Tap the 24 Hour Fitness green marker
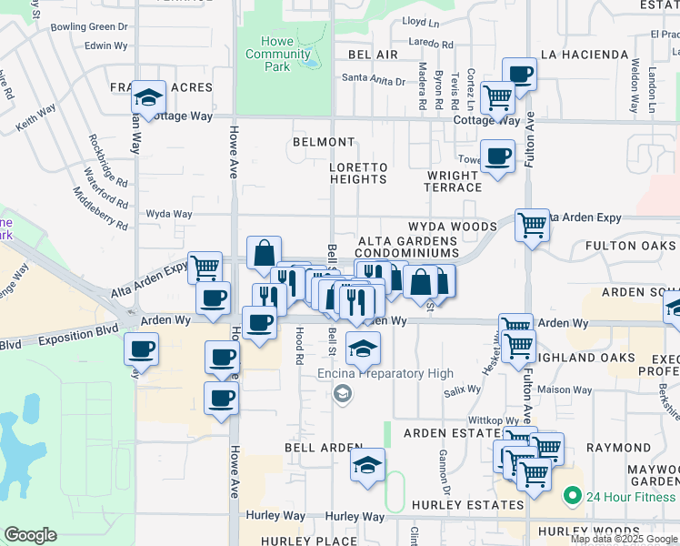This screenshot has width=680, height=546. click(x=572, y=497)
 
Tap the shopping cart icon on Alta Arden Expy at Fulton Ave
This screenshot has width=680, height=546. click(x=532, y=224)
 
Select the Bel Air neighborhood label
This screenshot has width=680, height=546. click(x=373, y=55)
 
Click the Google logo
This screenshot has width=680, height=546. click(x=31, y=534)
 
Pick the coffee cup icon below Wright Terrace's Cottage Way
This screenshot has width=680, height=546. click(x=497, y=157)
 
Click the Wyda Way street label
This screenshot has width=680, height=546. click(x=169, y=215)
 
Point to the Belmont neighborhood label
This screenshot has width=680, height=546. click(x=324, y=142)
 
